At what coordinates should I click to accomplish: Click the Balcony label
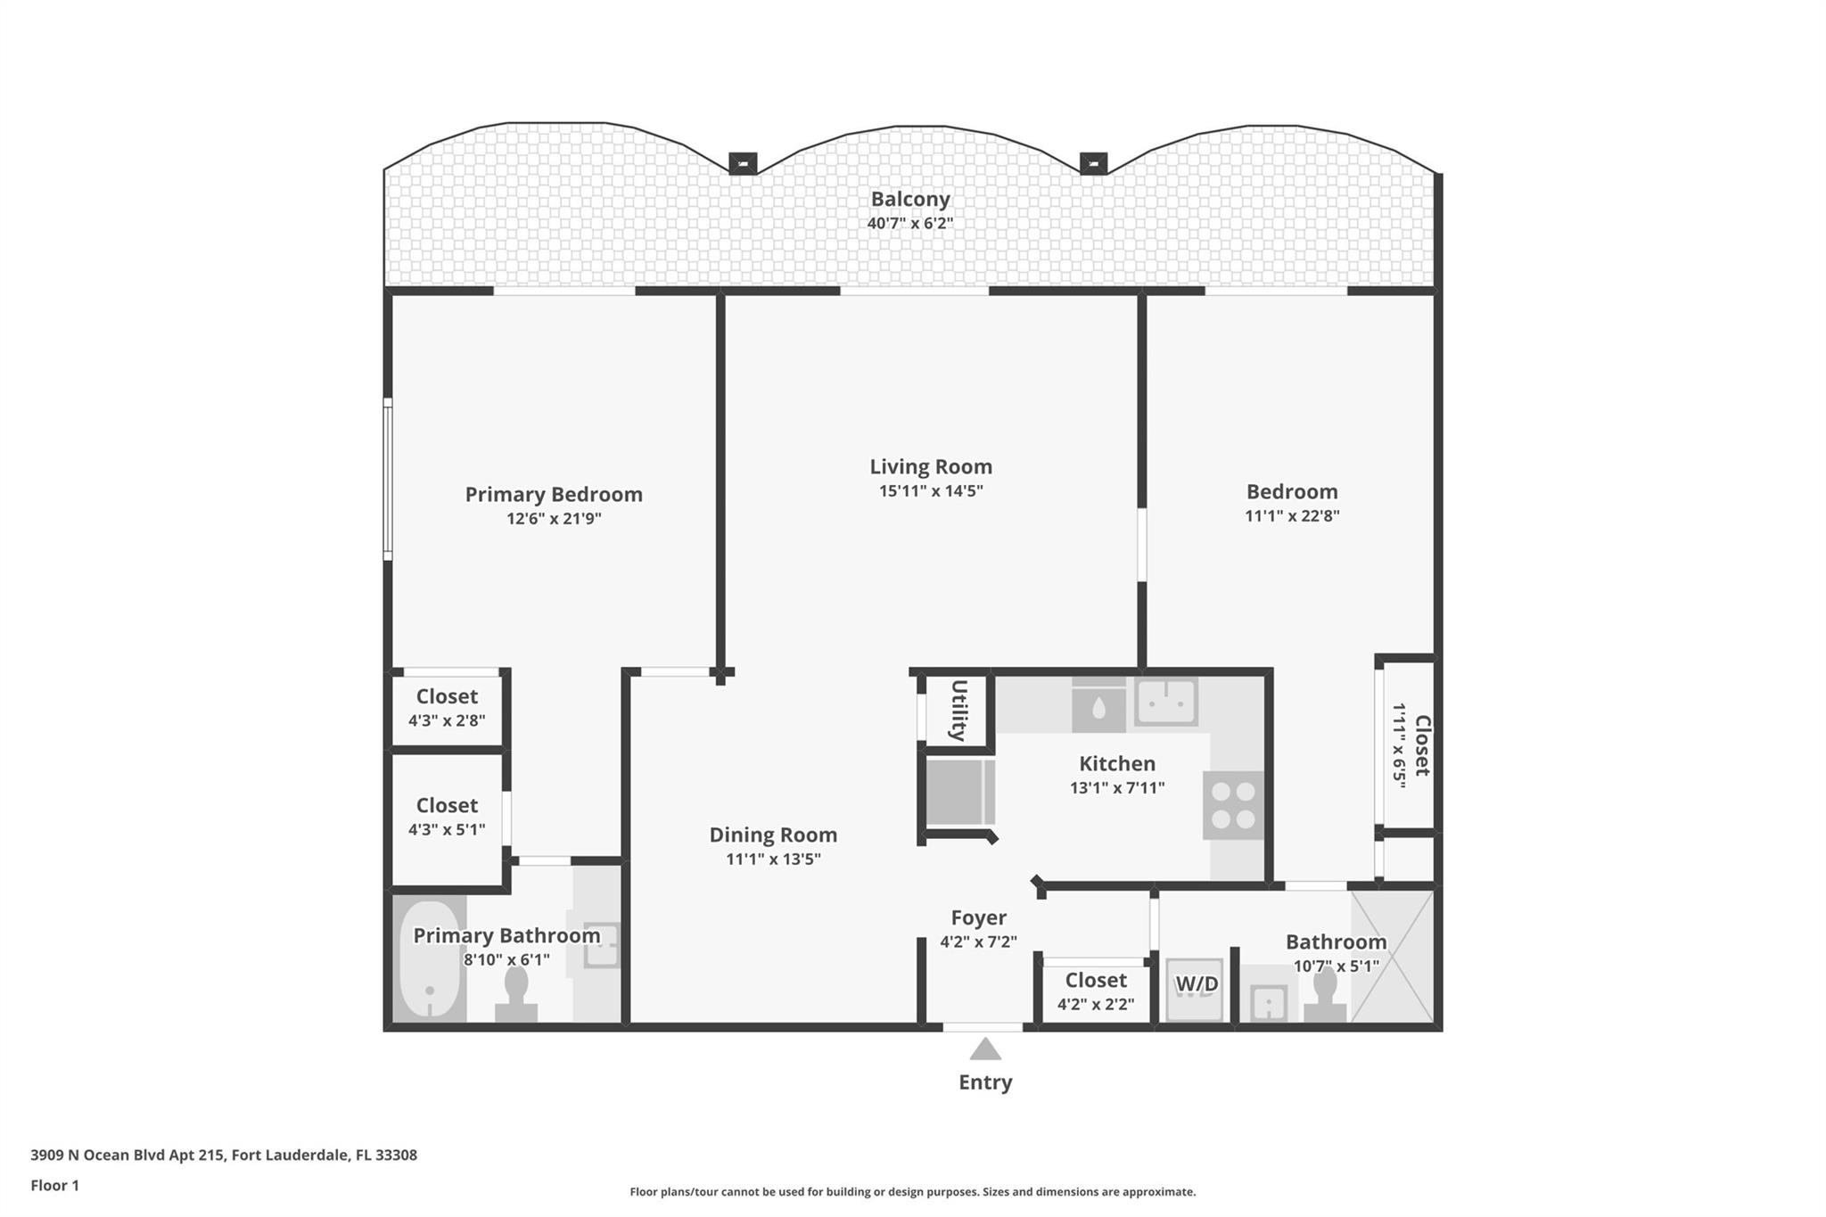click(910, 199)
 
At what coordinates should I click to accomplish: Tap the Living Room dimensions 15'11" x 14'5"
click(931, 490)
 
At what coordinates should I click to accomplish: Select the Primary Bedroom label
click(554, 495)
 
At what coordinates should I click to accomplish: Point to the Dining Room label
click(773, 835)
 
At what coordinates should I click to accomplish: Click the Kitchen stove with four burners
click(1233, 805)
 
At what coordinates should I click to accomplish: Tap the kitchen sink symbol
click(1166, 701)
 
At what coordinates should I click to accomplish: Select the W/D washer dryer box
click(1195, 989)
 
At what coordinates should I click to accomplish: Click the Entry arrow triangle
click(985, 1049)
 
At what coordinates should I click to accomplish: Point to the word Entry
click(985, 1082)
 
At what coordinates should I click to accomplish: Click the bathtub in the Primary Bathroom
click(430, 958)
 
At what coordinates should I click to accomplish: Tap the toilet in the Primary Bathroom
click(516, 994)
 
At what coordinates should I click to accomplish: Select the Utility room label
click(958, 711)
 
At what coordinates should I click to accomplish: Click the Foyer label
click(979, 917)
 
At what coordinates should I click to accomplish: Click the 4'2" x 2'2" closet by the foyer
click(1096, 991)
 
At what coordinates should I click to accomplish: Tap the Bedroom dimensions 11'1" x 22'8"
click(1292, 515)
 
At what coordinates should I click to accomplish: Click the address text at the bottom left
click(224, 1155)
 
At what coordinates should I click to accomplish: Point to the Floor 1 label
click(55, 1186)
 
